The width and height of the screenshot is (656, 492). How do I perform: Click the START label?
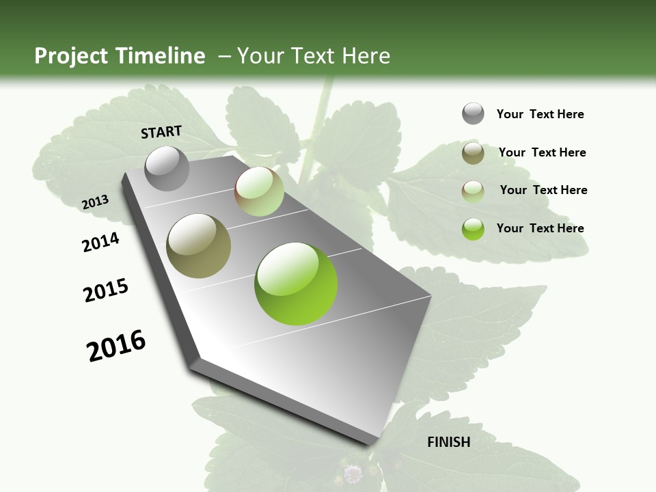(161, 132)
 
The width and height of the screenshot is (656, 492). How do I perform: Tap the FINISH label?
(448, 442)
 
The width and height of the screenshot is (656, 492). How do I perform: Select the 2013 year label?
(95, 202)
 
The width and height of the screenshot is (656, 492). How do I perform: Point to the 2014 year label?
(100, 243)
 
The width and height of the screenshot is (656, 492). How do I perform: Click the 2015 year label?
(106, 290)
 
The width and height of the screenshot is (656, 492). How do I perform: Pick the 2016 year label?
(116, 345)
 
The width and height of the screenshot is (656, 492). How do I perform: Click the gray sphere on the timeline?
(167, 168)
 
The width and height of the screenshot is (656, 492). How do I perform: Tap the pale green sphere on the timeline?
(259, 191)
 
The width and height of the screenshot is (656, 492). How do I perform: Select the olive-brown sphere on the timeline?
(199, 245)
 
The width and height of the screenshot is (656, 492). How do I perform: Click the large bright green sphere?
(296, 284)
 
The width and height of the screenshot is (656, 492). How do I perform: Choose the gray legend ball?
(473, 113)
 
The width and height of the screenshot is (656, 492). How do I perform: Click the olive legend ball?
(473, 153)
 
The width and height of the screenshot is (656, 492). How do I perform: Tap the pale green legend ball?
(473, 191)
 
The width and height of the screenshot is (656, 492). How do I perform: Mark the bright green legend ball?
(473, 229)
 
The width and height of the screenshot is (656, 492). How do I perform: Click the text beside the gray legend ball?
(540, 115)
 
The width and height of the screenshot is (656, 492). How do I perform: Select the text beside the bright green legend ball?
(540, 228)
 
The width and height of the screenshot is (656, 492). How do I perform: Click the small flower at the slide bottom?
(353, 474)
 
